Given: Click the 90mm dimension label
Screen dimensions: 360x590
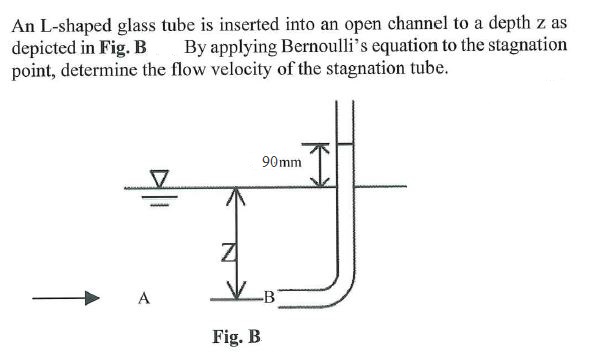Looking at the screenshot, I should pyautogui.click(x=281, y=161).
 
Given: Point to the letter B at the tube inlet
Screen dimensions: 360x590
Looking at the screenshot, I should pyautogui.click(x=267, y=297).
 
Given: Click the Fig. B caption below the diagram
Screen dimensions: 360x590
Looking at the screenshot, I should pyautogui.click(x=237, y=336).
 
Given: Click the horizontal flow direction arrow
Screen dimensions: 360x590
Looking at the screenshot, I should pyautogui.click(x=64, y=297).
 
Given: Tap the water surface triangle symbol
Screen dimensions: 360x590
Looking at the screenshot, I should pyautogui.click(x=158, y=179).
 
